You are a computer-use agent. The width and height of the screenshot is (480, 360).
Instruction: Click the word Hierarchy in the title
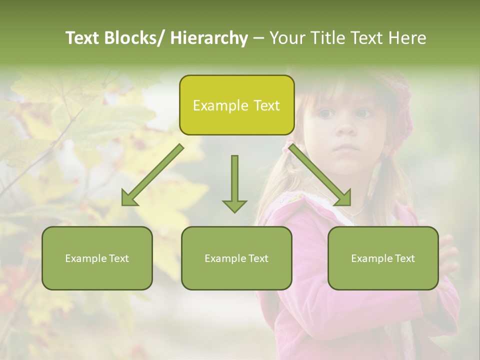tap(209, 38)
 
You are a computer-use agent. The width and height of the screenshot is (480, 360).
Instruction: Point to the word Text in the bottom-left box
tap(116, 258)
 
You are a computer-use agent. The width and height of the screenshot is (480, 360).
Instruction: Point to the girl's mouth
tap(346, 148)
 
